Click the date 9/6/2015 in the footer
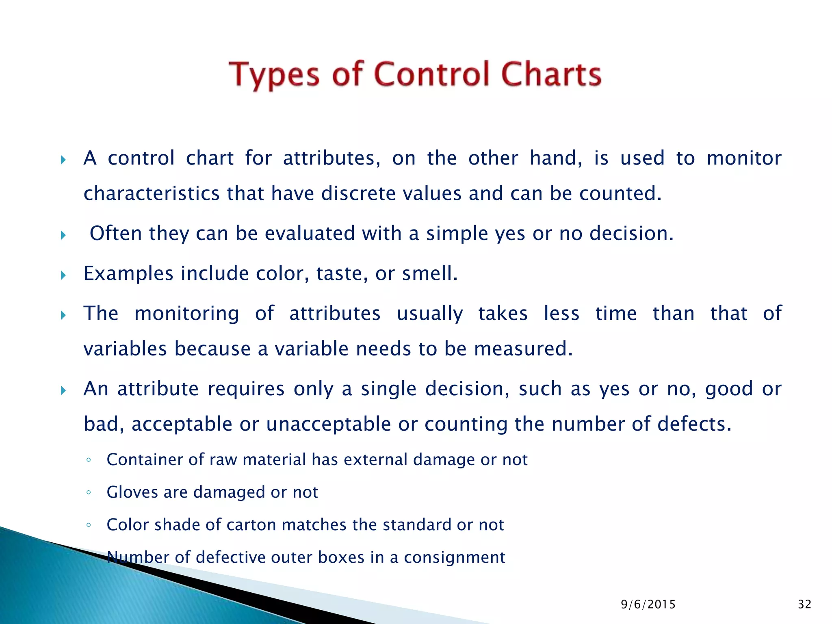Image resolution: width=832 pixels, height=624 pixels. pos(648,604)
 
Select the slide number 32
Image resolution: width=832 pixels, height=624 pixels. pos(804,604)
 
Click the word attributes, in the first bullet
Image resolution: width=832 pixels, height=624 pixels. pos(331,158)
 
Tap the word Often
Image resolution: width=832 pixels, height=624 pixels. pos(115,234)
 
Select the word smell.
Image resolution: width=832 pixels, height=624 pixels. pos(430,273)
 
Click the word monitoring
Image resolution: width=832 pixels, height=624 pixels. pos(186,314)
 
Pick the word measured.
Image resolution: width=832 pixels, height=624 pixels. pos(523,349)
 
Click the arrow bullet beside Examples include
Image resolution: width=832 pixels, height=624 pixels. pos(63,275)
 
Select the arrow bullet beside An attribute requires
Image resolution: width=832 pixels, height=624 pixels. pos(63,391)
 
